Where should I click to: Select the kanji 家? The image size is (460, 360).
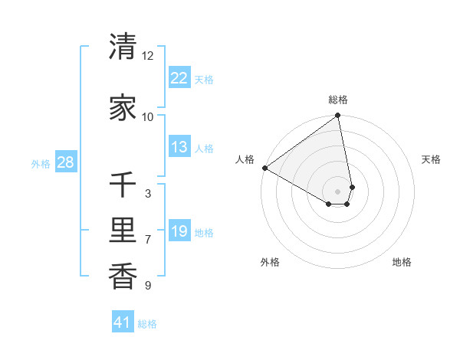click(123, 107)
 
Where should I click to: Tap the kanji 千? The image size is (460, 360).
click(123, 185)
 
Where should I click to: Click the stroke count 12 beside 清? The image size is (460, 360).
click(148, 56)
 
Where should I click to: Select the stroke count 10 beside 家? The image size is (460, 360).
click(148, 117)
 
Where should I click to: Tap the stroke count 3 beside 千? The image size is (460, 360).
click(148, 194)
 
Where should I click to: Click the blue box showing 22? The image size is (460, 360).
click(179, 78)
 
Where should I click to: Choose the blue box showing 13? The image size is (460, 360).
click(179, 147)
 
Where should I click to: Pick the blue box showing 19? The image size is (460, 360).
click(179, 231)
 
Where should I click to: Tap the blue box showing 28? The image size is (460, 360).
click(65, 162)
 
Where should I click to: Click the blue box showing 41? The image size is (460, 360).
click(123, 322)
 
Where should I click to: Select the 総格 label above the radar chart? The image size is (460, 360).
click(338, 100)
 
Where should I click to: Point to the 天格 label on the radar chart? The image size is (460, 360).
click(432, 159)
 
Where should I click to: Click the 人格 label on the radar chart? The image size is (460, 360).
click(245, 159)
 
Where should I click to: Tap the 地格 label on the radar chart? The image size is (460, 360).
click(402, 262)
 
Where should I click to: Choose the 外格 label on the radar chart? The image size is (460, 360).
click(270, 262)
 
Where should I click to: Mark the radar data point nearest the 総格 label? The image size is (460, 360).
click(338, 116)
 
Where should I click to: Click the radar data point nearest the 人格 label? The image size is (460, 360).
click(264, 168)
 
